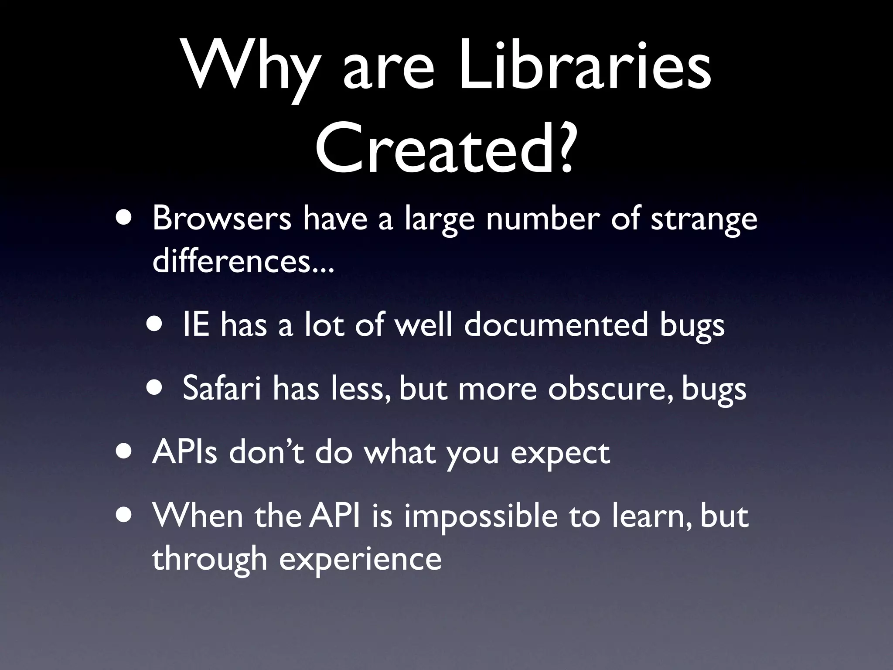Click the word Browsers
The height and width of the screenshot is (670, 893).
pos(222,219)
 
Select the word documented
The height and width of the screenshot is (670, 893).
pos(556,325)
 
